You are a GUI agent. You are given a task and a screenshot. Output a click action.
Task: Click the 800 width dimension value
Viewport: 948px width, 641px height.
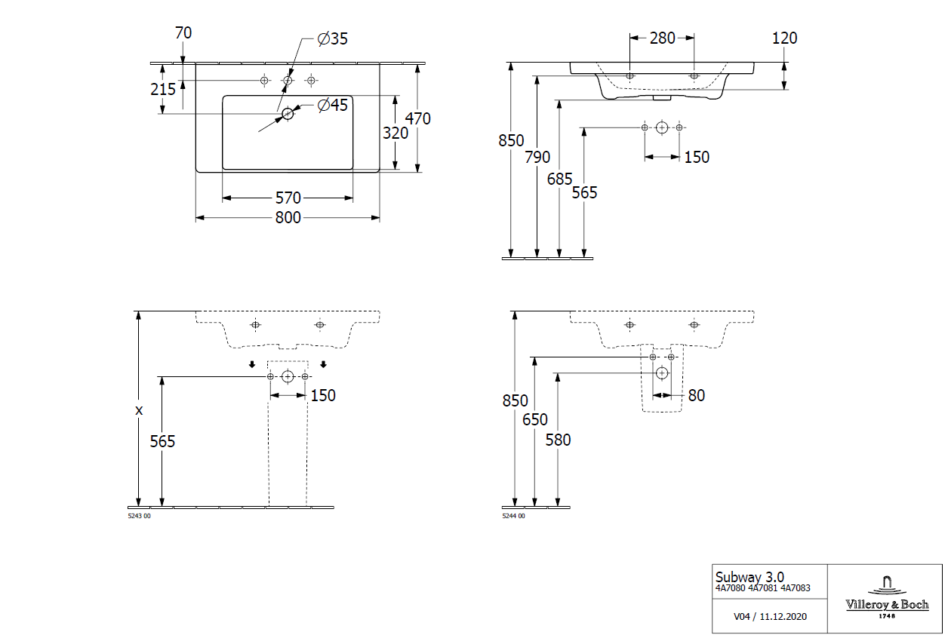pyautogui.click(x=288, y=218)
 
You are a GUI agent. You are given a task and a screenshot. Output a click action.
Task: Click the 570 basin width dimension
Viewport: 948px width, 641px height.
pyautogui.click(x=288, y=198)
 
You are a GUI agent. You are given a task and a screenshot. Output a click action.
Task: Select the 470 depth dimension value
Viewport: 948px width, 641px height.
pyautogui.click(x=418, y=118)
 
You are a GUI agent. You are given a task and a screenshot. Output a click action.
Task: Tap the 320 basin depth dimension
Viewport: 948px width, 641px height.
pyautogui.click(x=395, y=133)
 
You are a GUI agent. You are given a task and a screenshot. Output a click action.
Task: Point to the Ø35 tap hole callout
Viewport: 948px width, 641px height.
pyautogui.click(x=332, y=39)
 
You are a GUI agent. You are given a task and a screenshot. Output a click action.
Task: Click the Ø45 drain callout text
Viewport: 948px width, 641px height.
pyautogui.click(x=332, y=106)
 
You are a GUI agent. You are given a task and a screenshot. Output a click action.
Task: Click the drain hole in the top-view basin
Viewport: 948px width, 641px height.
pyautogui.click(x=287, y=114)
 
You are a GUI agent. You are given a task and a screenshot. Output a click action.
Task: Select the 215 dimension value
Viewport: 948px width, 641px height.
pyautogui.click(x=163, y=89)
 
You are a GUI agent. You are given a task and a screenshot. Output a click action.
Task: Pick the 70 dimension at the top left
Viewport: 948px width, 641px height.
pyautogui.click(x=183, y=33)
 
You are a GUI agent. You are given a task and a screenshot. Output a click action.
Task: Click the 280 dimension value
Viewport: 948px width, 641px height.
pyautogui.click(x=662, y=38)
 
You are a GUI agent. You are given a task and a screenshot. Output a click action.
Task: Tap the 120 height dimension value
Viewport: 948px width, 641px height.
pyautogui.click(x=785, y=38)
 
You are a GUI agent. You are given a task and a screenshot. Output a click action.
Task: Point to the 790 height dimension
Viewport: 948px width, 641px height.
pyautogui.click(x=537, y=157)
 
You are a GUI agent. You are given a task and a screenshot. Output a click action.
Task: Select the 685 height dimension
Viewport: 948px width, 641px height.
pyautogui.click(x=560, y=179)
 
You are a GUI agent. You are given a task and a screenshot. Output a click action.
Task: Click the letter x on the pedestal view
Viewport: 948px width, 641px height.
pyautogui.click(x=138, y=411)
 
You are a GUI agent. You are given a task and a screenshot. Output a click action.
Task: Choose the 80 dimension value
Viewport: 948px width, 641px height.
pyautogui.click(x=696, y=395)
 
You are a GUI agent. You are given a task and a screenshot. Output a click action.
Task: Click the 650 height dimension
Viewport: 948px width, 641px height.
pyautogui.click(x=535, y=420)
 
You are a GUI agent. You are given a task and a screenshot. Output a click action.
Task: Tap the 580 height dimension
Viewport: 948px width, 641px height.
pyautogui.click(x=559, y=440)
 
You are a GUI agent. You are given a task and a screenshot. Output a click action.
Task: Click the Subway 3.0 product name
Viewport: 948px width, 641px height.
pyautogui.click(x=749, y=578)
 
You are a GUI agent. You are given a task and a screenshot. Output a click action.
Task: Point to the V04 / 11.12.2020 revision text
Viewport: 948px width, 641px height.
pyautogui.click(x=770, y=616)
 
